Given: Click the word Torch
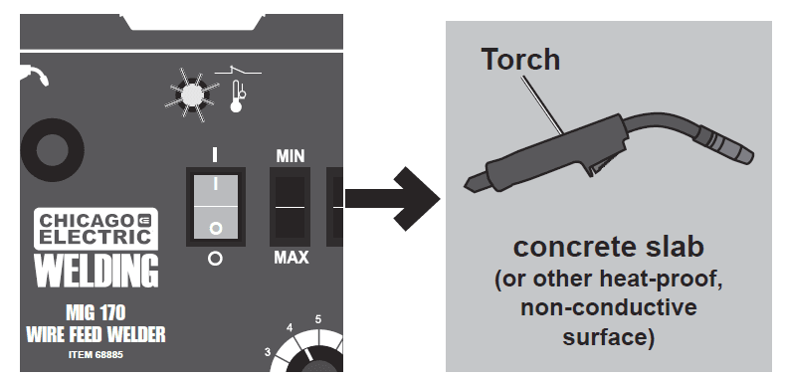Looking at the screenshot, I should point(520,59).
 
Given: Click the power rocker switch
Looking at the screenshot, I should point(214,206).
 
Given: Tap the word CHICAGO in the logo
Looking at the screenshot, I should point(88,219).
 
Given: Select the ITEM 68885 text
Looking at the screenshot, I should point(97,354).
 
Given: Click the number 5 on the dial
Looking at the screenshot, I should point(318,319).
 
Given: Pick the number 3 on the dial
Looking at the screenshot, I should point(267,351).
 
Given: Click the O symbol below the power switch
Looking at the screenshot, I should point(214,256).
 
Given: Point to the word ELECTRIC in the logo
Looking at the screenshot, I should point(96,237).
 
